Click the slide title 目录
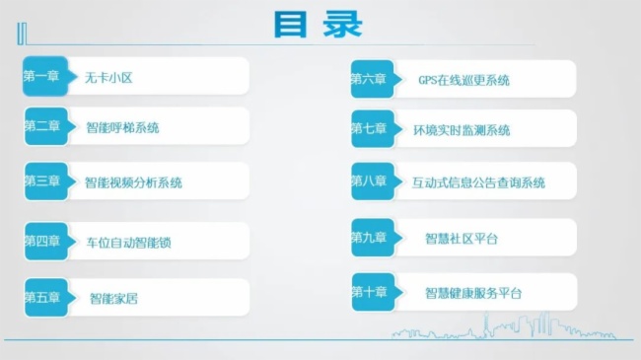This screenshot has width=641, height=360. pyautogui.click(x=318, y=25)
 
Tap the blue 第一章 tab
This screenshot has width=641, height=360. pyautogui.click(x=42, y=76)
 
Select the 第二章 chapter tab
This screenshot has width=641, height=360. pyautogui.click(x=42, y=126)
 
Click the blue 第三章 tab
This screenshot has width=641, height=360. pyautogui.click(x=42, y=181)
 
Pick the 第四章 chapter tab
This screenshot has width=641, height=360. pyautogui.click(x=42, y=241)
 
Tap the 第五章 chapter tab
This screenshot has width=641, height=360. pyautogui.click(x=42, y=296)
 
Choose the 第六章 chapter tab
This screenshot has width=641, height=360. pyautogui.click(x=370, y=79)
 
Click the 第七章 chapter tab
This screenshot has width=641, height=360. pyautogui.click(x=370, y=129)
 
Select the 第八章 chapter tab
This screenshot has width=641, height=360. pyautogui.click(x=370, y=181)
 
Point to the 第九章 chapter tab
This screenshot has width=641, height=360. pyautogui.click(x=370, y=238)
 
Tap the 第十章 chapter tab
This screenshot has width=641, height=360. pyautogui.click(x=370, y=292)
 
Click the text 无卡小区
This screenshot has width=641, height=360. pyautogui.click(x=108, y=76)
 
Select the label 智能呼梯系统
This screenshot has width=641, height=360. pyautogui.click(x=122, y=127)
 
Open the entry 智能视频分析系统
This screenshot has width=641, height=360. pyautogui.click(x=134, y=182)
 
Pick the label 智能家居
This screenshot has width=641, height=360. pyautogui.click(x=113, y=297)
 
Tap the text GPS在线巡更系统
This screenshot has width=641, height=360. pyautogui.click(x=463, y=80)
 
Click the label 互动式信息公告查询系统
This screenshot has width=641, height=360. pyautogui.click(x=478, y=182)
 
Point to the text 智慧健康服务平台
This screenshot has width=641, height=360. pyautogui.click(x=473, y=293)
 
